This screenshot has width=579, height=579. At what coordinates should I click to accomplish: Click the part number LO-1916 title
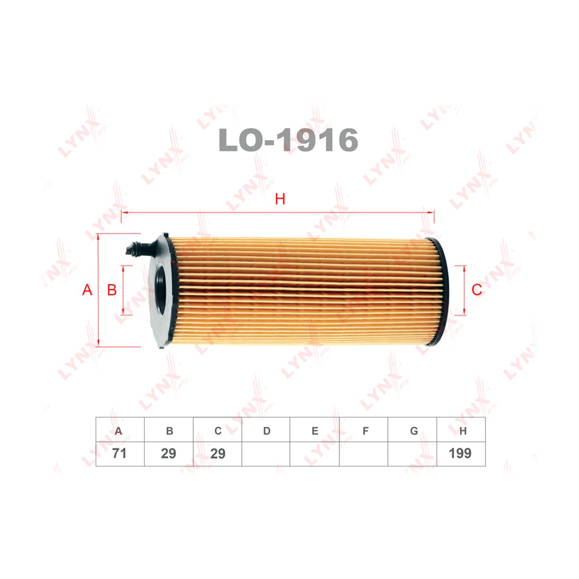pyautogui.click(x=288, y=140)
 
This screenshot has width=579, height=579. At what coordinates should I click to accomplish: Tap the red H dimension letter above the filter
pyautogui.click(x=280, y=199)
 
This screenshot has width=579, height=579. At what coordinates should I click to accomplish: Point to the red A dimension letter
pyautogui.click(x=87, y=289)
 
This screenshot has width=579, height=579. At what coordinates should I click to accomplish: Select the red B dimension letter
pyautogui.click(x=112, y=290)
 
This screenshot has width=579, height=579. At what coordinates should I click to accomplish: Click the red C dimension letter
pyautogui.click(x=477, y=290)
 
